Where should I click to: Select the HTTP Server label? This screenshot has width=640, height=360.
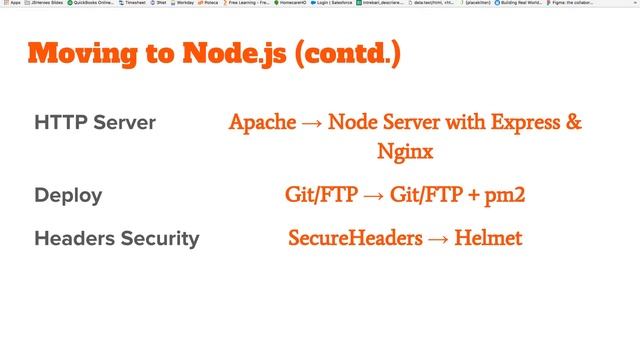[95, 124]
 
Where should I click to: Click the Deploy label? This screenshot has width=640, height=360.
[68, 195]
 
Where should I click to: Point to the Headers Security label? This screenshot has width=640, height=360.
[116, 239]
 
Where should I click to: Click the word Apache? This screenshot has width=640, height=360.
[262, 123]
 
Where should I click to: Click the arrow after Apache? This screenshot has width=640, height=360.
[311, 124]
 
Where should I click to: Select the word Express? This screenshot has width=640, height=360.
[524, 123]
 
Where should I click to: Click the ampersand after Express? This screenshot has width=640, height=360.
[573, 123]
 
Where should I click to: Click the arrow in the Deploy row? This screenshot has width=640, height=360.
[373, 195]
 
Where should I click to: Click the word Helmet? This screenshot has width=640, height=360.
[488, 239]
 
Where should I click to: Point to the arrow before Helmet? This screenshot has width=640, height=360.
[437, 240]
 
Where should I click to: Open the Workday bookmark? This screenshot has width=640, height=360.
[183, 4]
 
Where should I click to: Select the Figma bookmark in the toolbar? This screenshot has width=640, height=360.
[609, 4]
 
